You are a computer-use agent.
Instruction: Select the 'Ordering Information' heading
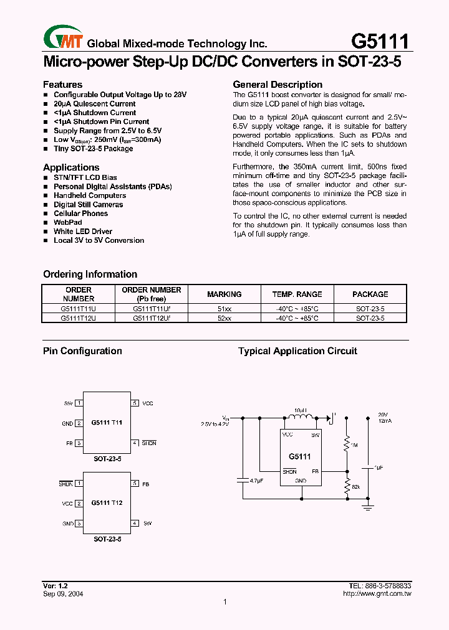pos(90,275)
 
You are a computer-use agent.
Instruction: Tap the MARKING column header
pos(224,294)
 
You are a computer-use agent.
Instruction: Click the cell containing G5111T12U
pos(79,318)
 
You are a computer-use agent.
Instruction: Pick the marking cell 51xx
pos(224,309)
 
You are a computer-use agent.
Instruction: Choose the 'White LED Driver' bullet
pos(83,232)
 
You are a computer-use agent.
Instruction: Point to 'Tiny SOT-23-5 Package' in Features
pos(93,149)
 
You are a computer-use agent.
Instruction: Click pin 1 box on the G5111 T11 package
pos(79,403)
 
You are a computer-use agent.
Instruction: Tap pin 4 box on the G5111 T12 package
pos(135,524)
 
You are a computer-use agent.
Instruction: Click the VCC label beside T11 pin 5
pos(148,403)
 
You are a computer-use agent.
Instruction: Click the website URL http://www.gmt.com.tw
pos(377,594)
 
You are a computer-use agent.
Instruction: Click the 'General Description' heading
pos(278,85)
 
